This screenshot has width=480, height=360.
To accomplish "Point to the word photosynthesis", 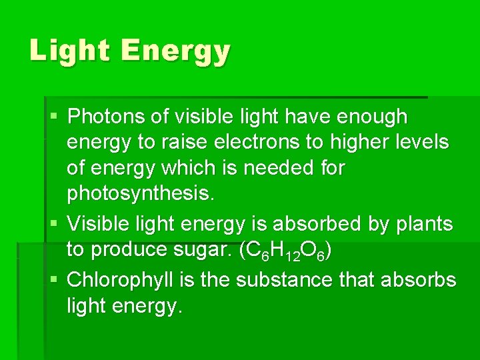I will [141, 195].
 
